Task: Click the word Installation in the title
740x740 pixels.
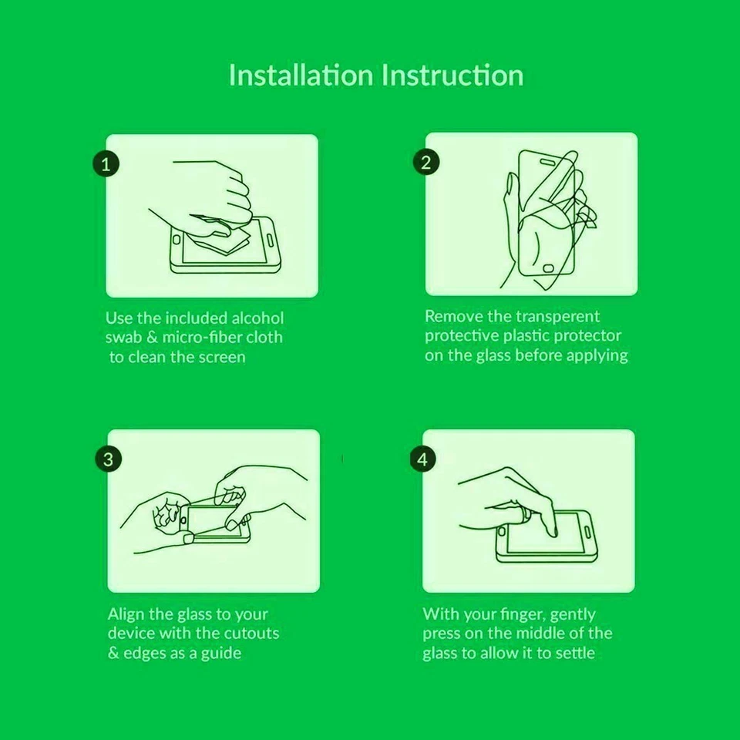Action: pyautogui.click(x=301, y=75)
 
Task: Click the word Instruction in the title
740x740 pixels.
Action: pyautogui.click(x=452, y=75)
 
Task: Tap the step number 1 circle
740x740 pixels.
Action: pyautogui.click(x=106, y=163)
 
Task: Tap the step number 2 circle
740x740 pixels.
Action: pyautogui.click(x=426, y=162)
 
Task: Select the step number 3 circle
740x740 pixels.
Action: pyautogui.click(x=109, y=459)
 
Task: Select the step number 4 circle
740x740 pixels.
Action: pyautogui.click(x=422, y=459)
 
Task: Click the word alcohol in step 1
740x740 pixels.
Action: pyautogui.click(x=257, y=318)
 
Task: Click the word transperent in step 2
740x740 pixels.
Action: pyautogui.click(x=558, y=316)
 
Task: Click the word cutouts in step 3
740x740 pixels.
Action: pyautogui.click(x=251, y=633)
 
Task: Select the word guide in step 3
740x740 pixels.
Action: pyautogui.click(x=221, y=653)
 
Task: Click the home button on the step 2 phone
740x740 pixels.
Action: pyautogui.click(x=548, y=268)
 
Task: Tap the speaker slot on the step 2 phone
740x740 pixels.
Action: pyautogui.click(x=547, y=162)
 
